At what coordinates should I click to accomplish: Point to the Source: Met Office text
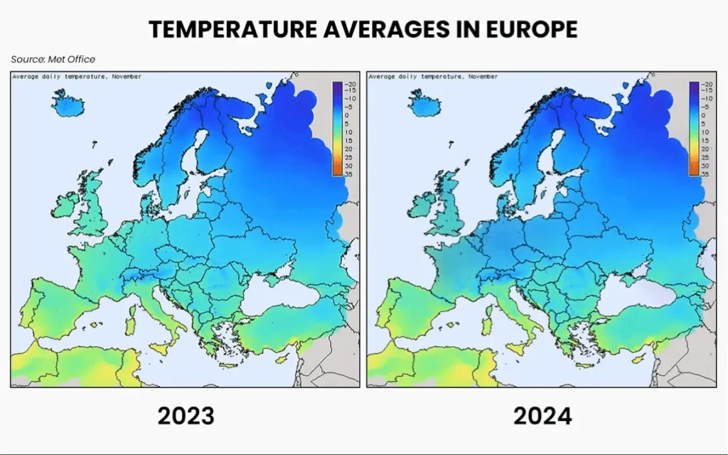[53, 59]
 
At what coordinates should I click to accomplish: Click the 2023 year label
[186, 415]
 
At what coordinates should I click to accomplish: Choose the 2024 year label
[542, 415]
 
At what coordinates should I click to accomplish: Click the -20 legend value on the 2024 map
[706, 84]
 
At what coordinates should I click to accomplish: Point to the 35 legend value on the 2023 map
[350, 173]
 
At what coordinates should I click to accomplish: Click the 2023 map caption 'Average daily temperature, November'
[77, 76]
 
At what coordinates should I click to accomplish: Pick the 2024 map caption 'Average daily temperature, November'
[434, 76]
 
